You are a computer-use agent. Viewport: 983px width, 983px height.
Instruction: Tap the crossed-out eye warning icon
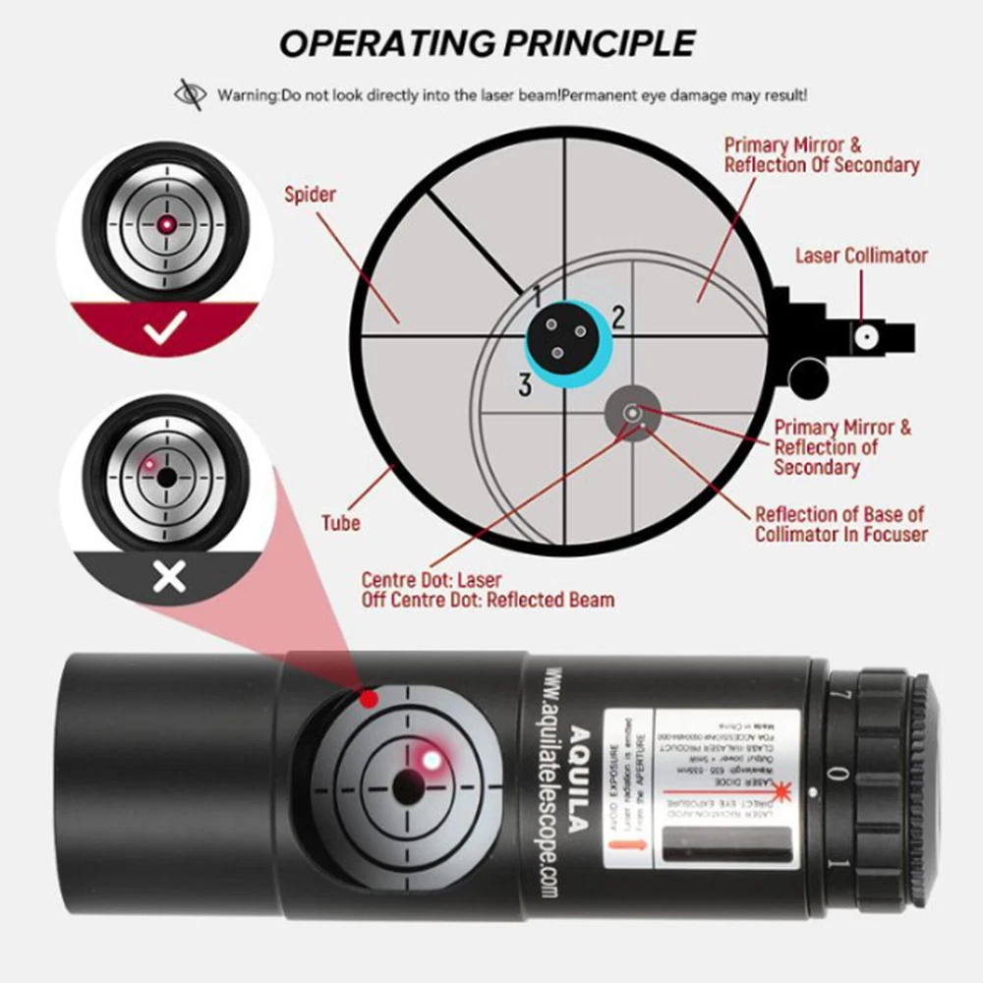click(189, 95)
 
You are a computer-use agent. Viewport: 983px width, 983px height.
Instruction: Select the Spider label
click(310, 194)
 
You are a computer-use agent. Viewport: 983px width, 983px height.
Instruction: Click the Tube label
click(340, 522)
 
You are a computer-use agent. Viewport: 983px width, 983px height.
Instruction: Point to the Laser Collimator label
click(861, 256)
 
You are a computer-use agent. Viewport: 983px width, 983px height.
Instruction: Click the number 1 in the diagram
click(538, 292)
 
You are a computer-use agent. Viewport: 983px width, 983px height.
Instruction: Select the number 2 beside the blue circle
click(617, 316)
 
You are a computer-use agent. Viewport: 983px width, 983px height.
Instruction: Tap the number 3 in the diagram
click(526, 385)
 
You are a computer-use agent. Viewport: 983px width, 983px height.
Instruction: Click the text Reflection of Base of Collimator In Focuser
click(840, 524)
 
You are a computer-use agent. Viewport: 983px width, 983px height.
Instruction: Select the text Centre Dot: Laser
click(432, 579)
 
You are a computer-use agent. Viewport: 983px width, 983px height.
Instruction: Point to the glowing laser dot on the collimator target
click(430, 759)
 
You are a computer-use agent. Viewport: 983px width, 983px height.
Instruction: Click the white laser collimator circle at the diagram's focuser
click(866, 335)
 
